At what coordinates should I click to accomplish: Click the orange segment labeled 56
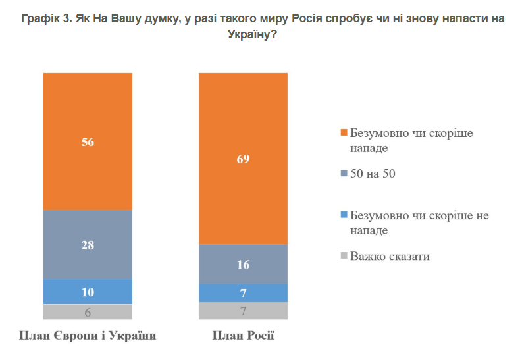point(88,141)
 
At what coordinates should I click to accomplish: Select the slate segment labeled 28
point(88,244)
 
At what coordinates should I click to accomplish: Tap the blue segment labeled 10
point(88,292)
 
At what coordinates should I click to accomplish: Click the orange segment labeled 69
point(244,158)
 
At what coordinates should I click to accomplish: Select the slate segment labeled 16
point(244,264)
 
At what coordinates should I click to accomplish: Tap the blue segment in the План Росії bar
point(244,293)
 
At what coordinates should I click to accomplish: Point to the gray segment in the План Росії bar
point(244,311)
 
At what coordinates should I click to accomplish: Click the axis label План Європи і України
point(88,336)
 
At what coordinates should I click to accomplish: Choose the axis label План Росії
point(244,336)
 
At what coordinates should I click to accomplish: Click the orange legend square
point(343,134)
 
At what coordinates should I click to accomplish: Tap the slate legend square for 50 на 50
point(343,174)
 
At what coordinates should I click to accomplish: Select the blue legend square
point(343,216)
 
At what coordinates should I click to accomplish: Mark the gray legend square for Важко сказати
point(343,257)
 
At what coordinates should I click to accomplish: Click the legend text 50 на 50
point(373,174)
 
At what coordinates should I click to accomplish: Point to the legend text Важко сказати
point(390,257)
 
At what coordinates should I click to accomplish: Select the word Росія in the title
point(323,19)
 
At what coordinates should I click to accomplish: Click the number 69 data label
point(244,158)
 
